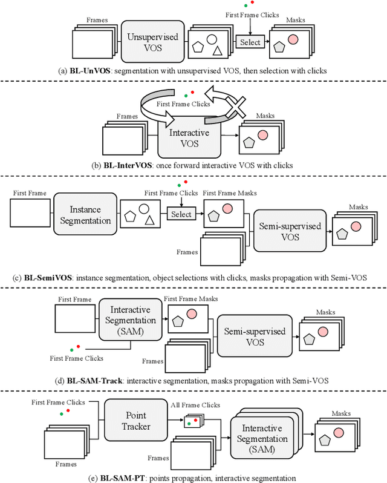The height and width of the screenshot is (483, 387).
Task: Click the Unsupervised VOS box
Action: [x=153, y=42]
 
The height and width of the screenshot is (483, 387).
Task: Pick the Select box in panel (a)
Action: [x=250, y=42]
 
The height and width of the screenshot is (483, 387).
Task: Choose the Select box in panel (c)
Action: [x=181, y=214]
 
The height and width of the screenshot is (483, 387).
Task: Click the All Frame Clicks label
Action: [x=203, y=405]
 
